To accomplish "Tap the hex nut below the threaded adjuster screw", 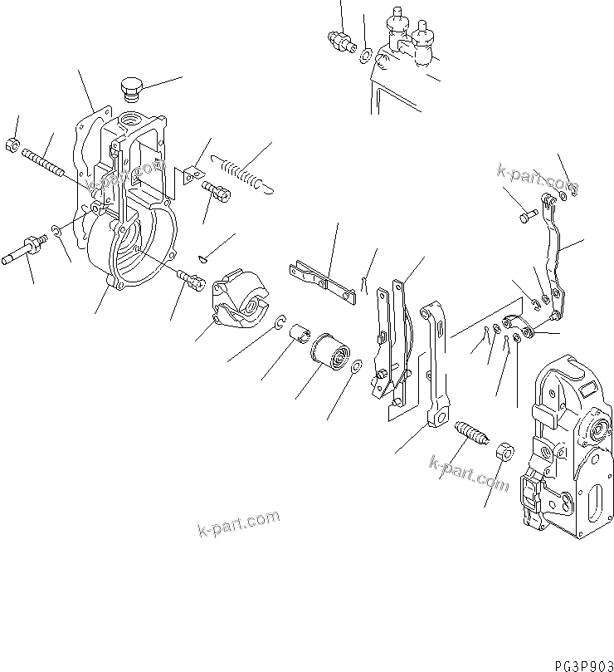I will [x=504, y=454].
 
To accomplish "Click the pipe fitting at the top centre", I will [x=340, y=38].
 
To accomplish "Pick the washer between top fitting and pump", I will [x=365, y=56].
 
